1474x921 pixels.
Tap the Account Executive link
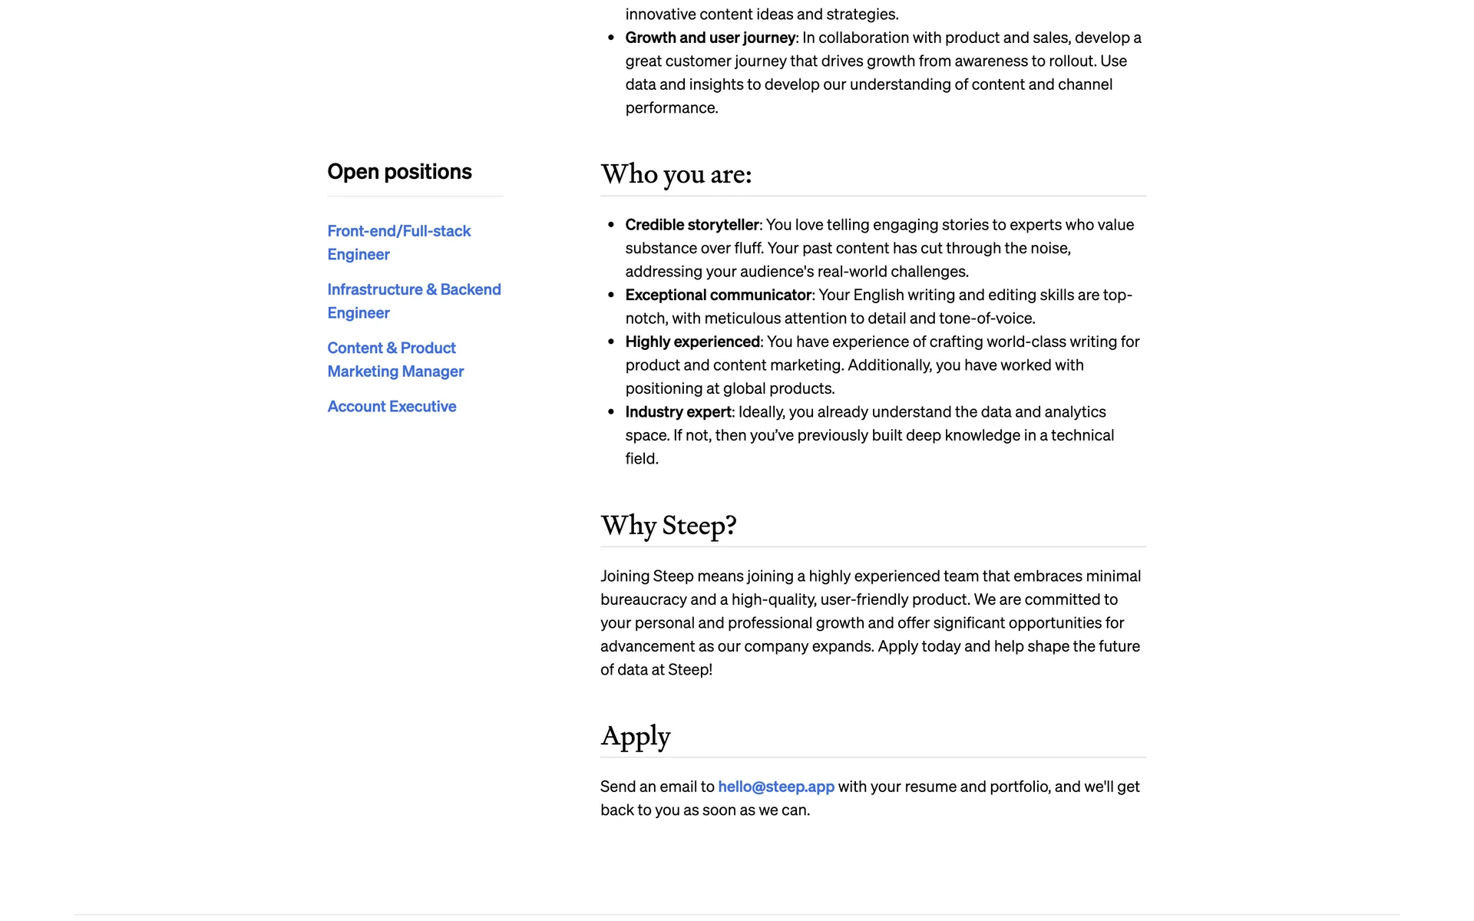tap(392, 406)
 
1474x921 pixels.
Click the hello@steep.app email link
tap(775, 786)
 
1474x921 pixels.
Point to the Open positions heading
tap(399, 171)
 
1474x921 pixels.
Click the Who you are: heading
tap(676, 174)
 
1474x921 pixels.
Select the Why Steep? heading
tap(668, 526)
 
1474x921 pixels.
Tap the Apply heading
tap(635, 736)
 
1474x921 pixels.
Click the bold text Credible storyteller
tap(692, 224)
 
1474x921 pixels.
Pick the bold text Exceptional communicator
tap(718, 295)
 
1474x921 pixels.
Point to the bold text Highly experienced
tap(692, 342)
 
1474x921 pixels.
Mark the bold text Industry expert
tap(678, 411)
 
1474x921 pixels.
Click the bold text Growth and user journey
tap(709, 38)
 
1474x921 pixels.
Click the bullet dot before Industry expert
tap(611, 412)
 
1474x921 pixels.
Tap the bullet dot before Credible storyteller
tap(611, 225)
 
